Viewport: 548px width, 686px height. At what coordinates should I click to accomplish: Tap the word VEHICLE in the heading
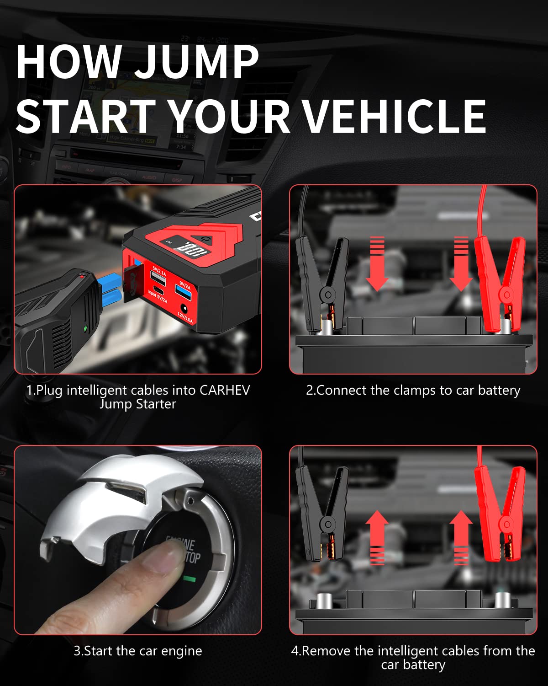[x=395, y=117]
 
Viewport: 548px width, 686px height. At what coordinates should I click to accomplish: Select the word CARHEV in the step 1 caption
[x=225, y=390]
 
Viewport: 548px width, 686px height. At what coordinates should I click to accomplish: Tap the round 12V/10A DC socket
[x=185, y=308]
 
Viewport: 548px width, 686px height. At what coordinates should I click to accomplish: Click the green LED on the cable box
[x=85, y=328]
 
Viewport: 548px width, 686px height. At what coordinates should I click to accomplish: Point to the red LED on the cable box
[x=82, y=276]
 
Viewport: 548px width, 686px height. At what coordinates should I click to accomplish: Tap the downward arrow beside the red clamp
[x=461, y=264]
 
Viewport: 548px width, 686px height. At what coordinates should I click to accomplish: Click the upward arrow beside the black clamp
[x=377, y=537]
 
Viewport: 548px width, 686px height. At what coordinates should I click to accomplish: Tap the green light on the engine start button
[x=189, y=579]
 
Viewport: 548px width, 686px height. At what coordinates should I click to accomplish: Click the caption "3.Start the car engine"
[x=137, y=651]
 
